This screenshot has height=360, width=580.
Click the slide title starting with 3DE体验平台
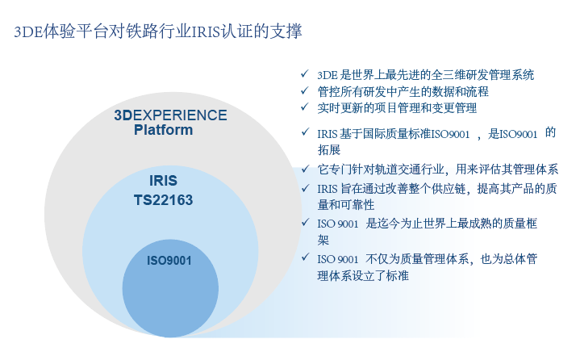[x=158, y=31]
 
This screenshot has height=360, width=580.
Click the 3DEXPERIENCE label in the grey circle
[x=170, y=115]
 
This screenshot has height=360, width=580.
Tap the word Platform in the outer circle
[x=163, y=130]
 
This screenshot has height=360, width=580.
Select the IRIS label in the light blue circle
[x=163, y=181]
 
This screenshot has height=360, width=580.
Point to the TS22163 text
[x=163, y=200]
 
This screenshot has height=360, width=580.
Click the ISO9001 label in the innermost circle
[x=169, y=261]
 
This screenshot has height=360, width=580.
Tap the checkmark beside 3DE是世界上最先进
[x=305, y=73]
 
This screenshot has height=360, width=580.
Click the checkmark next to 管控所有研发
[x=305, y=90]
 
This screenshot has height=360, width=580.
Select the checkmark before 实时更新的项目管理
[x=305, y=107]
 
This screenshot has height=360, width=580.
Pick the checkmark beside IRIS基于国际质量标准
[x=305, y=132]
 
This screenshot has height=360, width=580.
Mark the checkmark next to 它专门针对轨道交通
[x=305, y=169]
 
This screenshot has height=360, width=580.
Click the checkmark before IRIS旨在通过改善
[x=305, y=188]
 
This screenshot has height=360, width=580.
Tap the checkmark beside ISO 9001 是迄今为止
[x=305, y=222]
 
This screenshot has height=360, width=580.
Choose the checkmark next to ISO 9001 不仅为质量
[x=305, y=257]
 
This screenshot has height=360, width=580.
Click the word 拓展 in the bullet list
[x=329, y=149]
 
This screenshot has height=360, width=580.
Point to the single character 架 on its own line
[x=323, y=240]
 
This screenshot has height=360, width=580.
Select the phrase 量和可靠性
[x=346, y=204]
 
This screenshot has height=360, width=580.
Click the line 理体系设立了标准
[x=363, y=275]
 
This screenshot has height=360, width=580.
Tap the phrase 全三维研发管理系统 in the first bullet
[x=482, y=75]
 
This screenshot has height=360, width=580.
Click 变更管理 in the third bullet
[x=454, y=108]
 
